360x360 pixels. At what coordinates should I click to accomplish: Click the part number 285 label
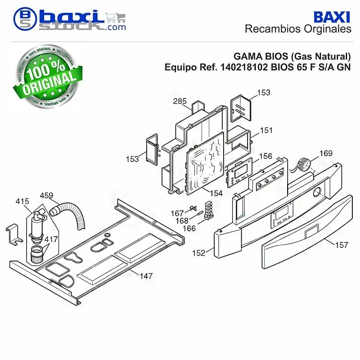[180, 101]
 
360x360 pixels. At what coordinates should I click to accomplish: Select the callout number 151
[266, 130]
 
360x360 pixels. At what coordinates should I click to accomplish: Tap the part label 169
[326, 153]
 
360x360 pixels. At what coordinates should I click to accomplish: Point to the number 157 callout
[342, 245]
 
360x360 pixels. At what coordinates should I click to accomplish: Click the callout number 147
[146, 276]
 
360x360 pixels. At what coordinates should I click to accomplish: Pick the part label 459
[46, 195]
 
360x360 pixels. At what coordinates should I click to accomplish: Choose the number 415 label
[22, 201]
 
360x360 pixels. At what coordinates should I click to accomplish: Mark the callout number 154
[216, 193]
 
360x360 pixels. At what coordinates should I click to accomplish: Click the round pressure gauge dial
[304, 165]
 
